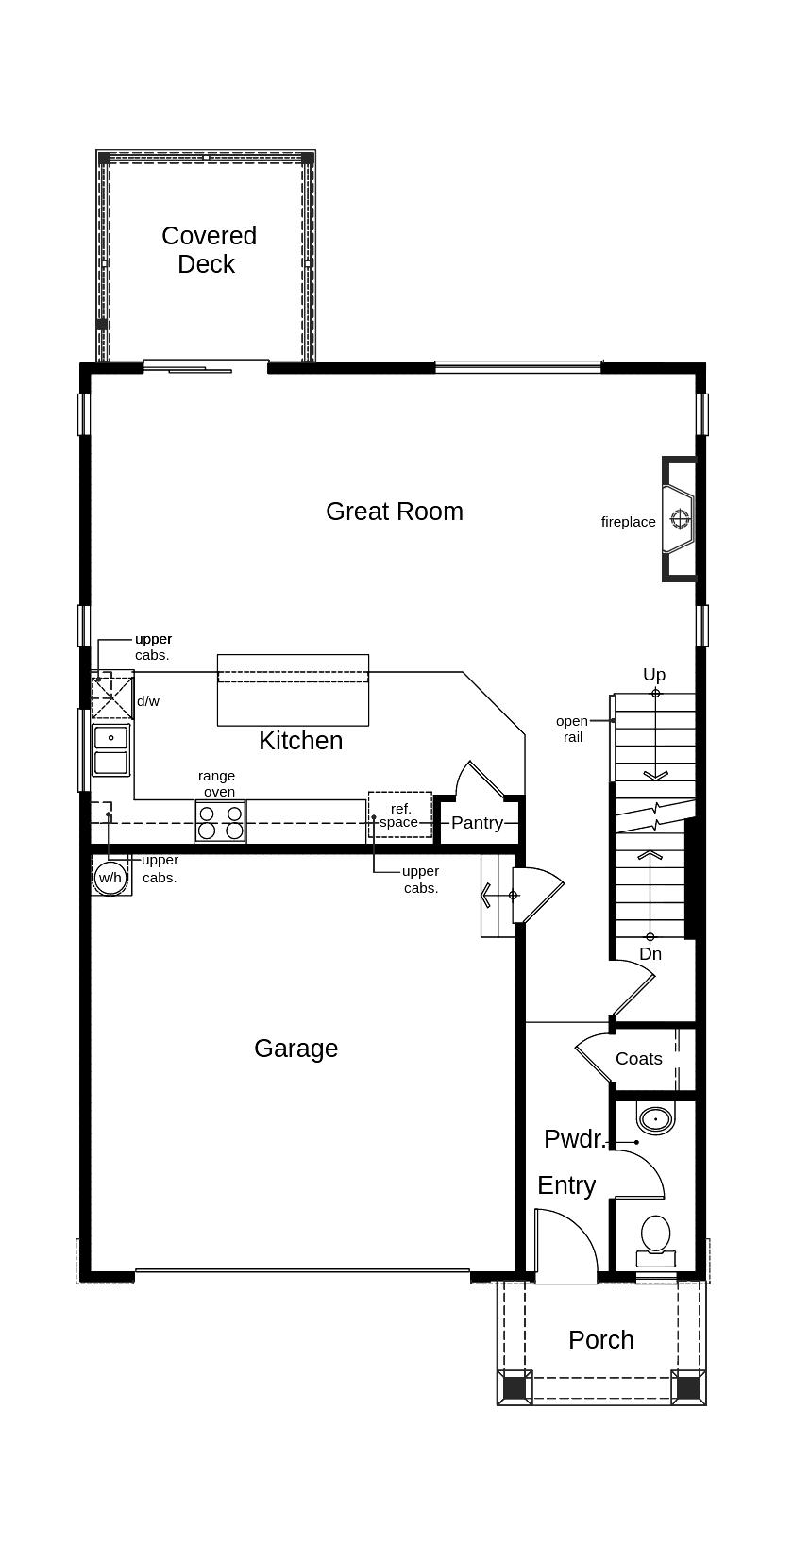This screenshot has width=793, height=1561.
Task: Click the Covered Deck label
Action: click(x=209, y=250)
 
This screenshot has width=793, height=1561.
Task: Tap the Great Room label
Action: click(x=395, y=512)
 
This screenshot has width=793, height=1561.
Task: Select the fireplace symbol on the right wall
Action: click(x=679, y=518)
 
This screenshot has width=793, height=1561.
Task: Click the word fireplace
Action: click(x=628, y=522)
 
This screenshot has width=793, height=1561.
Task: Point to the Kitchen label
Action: click(x=300, y=741)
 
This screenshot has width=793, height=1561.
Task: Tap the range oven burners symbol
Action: click(x=220, y=821)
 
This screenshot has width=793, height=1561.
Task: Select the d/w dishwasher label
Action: click(x=148, y=701)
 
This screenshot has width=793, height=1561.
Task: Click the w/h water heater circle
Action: click(x=110, y=878)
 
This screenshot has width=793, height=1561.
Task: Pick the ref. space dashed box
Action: click(x=400, y=814)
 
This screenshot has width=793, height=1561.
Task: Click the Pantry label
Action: click(x=477, y=823)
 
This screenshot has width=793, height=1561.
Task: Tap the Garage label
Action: click(x=295, y=1049)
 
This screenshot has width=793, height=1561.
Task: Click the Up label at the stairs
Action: click(x=654, y=675)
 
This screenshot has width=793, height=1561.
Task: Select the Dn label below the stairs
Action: click(x=650, y=954)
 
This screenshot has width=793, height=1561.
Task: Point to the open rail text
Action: click(x=572, y=729)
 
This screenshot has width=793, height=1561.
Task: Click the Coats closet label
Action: click(x=639, y=1059)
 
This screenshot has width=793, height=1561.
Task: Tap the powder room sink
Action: click(x=655, y=1119)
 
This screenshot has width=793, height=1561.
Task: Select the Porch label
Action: click(x=601, y=1340)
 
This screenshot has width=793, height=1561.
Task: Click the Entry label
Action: click(x=566, y=1185)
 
